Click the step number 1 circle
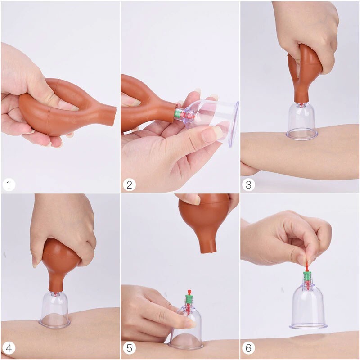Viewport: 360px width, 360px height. click(x=9, y=185)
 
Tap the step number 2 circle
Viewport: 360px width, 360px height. click(x=129, y=185)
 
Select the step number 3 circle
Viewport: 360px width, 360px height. click(x=248, y=185)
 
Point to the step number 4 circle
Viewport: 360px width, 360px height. click(x=9, y=348)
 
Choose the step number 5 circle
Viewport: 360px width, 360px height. click(x=129, y=348)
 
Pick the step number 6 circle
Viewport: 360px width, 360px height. click(x=248, y=348)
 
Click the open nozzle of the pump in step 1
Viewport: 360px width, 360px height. click(x=113, y=116)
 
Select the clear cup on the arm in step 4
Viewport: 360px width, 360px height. click(x=54, y=310)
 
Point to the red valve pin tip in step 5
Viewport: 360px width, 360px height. click(x=189, y=292)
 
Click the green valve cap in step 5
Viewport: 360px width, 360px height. click(x=189, y=299)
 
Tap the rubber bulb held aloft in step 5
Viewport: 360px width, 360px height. click(x=204, y=221)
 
